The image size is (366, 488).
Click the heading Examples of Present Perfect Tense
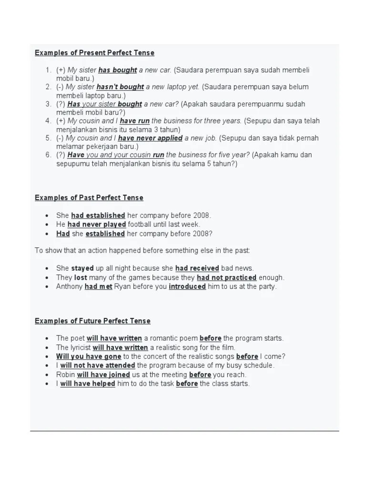94,53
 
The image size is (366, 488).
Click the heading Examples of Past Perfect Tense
89,198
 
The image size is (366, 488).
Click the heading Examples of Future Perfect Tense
92,321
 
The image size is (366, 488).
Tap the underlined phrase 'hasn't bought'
120,87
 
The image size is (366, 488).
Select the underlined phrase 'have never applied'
150,138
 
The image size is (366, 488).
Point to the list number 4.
48,121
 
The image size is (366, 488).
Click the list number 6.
48,155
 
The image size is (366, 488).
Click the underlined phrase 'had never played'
97,224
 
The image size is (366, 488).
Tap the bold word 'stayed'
82,268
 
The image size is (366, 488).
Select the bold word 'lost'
81,277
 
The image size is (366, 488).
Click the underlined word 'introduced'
187,287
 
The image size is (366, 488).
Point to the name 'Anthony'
70,287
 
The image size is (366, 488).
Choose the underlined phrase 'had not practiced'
226,277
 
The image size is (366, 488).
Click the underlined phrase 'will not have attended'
98,366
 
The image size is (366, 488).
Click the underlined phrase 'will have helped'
88,384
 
